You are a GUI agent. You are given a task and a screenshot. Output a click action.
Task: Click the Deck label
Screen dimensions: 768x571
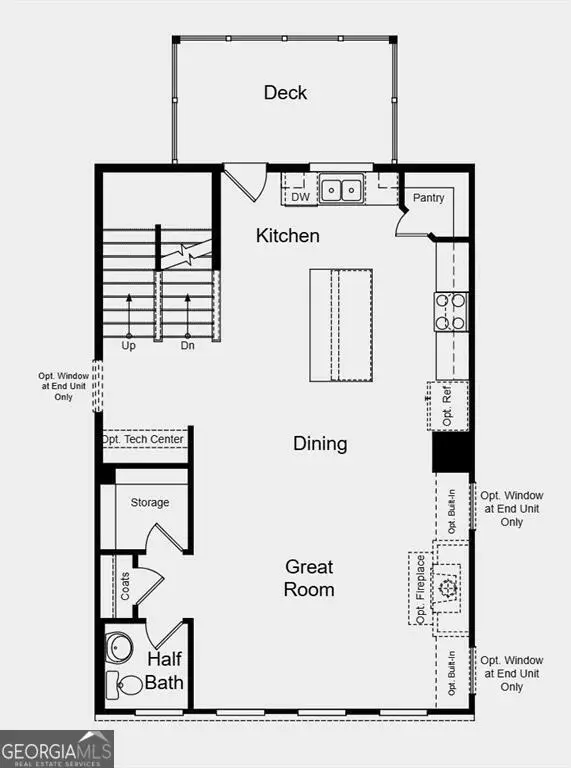coord(285,93)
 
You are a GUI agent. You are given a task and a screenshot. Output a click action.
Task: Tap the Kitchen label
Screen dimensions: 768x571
coord(288,236)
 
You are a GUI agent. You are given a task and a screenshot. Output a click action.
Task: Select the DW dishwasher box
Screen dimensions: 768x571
coord(300,196)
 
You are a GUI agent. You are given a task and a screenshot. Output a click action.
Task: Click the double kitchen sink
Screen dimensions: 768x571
coord(341,189)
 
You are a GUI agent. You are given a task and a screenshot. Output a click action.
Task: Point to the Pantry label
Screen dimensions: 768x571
coord(429,198)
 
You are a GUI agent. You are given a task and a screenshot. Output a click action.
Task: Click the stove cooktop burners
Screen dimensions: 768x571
coord(451,310)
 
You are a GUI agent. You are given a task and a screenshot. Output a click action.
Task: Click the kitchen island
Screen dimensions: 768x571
coord(341,325)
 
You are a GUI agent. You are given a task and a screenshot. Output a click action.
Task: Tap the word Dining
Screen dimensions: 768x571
coord(320,443)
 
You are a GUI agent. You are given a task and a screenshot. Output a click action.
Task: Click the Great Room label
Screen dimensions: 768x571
coord(308,578)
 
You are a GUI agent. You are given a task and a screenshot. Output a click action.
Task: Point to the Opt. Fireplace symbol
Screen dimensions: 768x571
coord(447,588)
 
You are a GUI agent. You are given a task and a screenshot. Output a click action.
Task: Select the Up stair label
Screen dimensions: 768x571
coord(129,345)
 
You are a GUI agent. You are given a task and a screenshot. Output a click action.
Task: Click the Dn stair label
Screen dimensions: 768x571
coord(187,345)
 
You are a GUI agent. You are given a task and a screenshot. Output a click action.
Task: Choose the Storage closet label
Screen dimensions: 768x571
coord(150,502)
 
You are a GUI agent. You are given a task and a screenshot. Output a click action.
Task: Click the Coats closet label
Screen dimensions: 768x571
coord(125,586)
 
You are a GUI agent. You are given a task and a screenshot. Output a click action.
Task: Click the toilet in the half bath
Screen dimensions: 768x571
coord(127,686)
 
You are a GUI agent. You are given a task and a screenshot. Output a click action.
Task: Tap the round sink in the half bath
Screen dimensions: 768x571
coord(120,648)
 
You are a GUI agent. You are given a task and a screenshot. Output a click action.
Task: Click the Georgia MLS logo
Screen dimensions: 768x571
coord(57,749)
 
